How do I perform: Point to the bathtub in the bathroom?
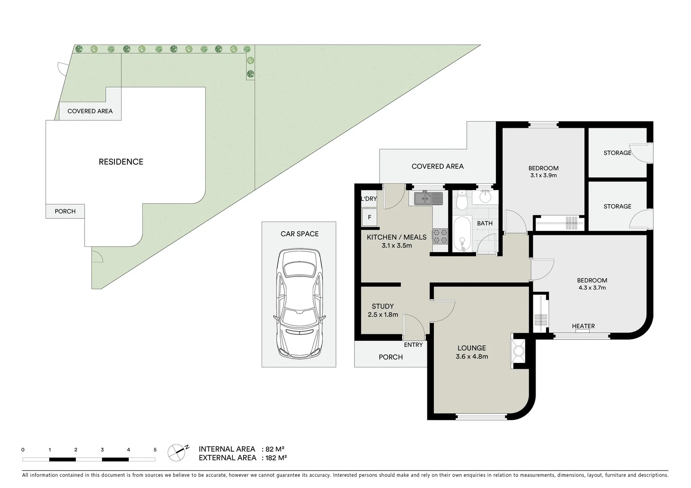coord(461,233)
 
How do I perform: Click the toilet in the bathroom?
coord(461,200)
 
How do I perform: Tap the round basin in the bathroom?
coord(485,197)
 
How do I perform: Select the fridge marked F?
coord(369,217)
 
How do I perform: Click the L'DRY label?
coord(369,199)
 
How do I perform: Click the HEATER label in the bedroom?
coord(583,326)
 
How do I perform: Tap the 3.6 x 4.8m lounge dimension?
coord(471,356)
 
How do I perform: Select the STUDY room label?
coord(382,306)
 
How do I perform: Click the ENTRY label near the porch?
coord(413,345)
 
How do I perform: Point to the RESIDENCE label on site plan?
coord(121,162)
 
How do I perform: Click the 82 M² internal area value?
coord(275,449)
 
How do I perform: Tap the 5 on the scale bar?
coord(155,450)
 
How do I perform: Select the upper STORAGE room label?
coord(617,153)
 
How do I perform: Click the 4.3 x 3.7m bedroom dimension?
coord(592,287)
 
